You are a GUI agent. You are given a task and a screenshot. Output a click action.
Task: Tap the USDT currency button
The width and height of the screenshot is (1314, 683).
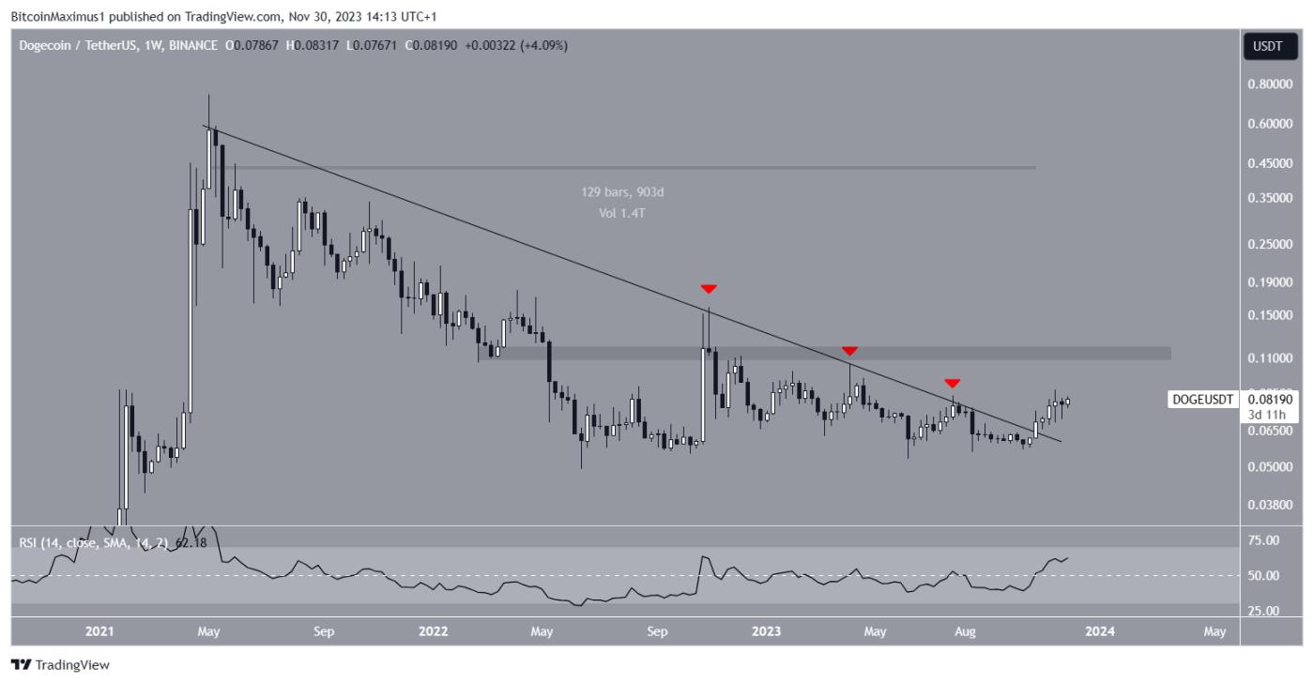click(1270, 46)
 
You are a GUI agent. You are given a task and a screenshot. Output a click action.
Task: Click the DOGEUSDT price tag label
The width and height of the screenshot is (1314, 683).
click(1201, 400)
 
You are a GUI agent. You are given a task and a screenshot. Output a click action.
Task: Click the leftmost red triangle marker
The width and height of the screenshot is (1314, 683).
click(709, 288)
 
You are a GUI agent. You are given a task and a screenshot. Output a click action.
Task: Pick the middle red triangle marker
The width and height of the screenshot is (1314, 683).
click(848, 351)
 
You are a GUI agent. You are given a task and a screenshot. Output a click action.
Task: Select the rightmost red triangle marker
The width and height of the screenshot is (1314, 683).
click(952, 383)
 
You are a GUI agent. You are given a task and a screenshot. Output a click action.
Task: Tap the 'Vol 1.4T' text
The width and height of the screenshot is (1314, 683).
click(622, 212)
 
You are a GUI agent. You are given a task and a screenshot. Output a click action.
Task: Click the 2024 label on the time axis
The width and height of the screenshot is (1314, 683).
click(1100, 631)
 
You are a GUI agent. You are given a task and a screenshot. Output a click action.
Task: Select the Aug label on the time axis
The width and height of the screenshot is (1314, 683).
click(965, 631)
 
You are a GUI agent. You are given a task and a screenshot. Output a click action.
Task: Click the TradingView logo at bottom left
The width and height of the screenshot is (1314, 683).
click(61, 665)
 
